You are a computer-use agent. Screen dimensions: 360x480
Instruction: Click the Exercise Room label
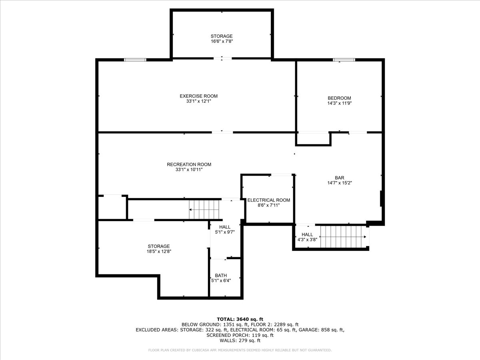click(198, 96)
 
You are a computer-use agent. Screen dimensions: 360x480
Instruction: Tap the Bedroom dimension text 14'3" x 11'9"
click(339, 103)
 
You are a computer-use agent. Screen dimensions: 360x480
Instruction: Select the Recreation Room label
click(189, 164)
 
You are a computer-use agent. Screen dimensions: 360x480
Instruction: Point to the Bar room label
click(340, 178)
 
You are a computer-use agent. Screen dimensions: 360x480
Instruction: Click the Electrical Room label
click(268, 200)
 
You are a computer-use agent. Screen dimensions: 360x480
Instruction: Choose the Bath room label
click(221, 276)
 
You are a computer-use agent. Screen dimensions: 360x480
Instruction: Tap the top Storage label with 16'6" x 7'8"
click(222, 36)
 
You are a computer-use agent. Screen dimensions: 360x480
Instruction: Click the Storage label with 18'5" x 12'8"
click(158, 246)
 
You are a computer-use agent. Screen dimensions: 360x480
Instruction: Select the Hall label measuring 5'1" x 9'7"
click(224, 227)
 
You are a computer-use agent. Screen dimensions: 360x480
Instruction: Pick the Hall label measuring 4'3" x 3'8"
click(307, 235)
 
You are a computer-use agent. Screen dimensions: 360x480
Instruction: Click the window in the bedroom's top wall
click(344, 60)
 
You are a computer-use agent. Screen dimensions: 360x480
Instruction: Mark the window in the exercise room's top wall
click(135, 60)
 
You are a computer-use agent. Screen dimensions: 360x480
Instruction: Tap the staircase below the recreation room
click(205, 209)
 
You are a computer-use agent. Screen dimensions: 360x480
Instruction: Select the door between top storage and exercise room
click(222, 59)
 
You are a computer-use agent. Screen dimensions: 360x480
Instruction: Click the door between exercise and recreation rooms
click(222, 132)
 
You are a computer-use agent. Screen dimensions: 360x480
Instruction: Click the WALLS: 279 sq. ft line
click(240, 341)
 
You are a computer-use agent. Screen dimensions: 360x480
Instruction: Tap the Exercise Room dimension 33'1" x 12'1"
click(198, 102)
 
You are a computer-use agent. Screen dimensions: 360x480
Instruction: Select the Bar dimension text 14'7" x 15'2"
click(340, 183)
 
